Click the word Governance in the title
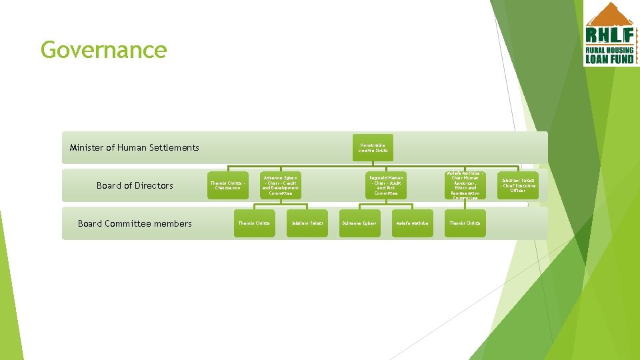(x=103, y=50)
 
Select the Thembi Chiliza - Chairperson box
(x=229, y=185)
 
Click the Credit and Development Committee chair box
(x=281, y=185)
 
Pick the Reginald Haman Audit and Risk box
(x=386, y=185)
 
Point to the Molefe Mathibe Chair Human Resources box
(x=465, y=185)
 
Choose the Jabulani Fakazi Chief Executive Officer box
(x=518, y=185)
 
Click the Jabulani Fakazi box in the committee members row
(x=307, y=223)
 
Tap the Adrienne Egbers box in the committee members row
(x=360, y=223)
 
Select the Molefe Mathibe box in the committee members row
(x=412, y=223)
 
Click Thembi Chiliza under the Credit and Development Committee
(x=254, y=223)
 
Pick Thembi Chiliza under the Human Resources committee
(x=465, y=223)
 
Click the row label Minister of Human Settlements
(x=134, y=147)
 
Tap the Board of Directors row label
(x=135, y=185)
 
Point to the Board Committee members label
(x=135, y=223)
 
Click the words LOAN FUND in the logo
(x=610, y=59)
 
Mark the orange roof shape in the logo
(x=609, y=14)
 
